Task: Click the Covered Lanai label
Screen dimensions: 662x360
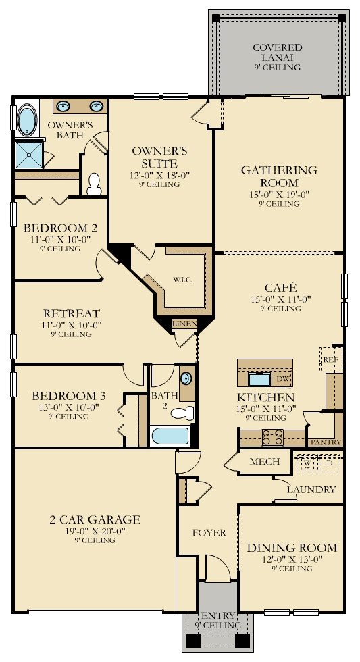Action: click(x=278, y=53)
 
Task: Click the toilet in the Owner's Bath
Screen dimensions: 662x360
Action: click(x=95, y=182)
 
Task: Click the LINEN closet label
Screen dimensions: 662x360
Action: click(x=184, y=324)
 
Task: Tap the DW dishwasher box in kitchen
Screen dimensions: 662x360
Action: click(x=282, y=379)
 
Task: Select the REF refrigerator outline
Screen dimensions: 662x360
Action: click(x=329, y=360)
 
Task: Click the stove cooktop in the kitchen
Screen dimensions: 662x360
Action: click(x=272, y=438)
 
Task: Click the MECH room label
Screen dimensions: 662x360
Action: click(x=265, y=462)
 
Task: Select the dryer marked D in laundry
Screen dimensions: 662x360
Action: click(x=330, y=463)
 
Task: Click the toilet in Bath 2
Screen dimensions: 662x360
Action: click(x=181, y=412)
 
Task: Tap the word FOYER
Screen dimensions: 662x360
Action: click(x=209, y=532)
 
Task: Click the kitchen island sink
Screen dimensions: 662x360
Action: click(x=259, y=379)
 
